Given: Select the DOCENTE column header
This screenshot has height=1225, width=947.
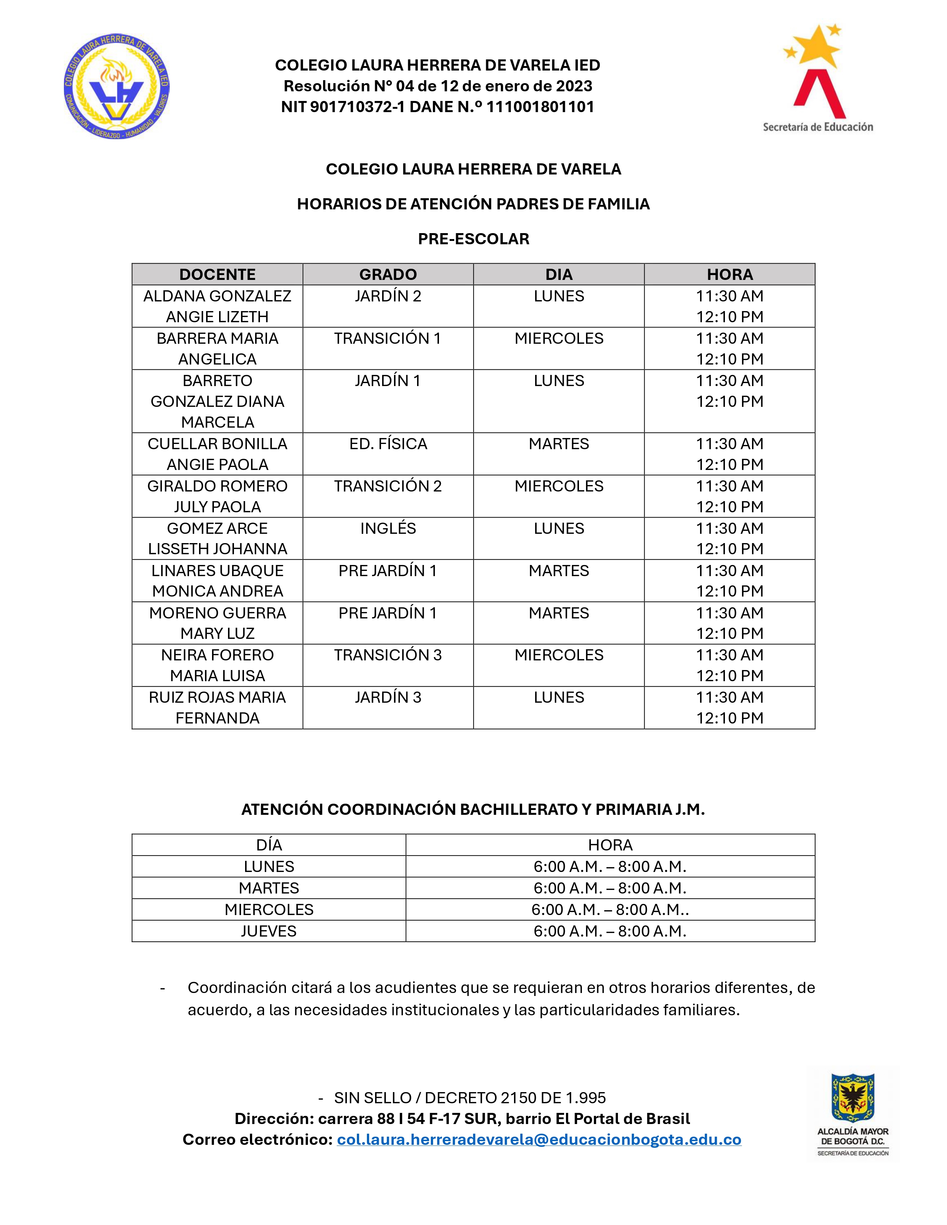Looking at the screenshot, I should pyautogui.click(x=217, y=274).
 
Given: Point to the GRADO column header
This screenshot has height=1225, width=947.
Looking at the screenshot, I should pyautogui.click(x=388, y=274).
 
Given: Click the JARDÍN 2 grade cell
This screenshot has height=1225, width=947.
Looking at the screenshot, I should pyautogui.click(x=388, y=296).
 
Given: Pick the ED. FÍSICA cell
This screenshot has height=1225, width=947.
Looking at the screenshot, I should pyautogui.click(x=388, y=444).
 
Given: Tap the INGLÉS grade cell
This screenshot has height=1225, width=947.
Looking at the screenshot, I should pyautogui.click(x=388, y=528).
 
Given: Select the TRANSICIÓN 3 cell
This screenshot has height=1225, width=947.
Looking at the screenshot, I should pyautogui.click(x=388, y=655).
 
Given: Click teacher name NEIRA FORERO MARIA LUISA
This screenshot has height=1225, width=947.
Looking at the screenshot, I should pyautogui.click(x=217, y=665).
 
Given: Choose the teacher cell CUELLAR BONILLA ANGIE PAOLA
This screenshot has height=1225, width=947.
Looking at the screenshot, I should pyautogui.click(x=217, y=454).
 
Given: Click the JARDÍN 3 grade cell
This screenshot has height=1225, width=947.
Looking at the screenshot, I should pyautogui.click(x=388, y=697).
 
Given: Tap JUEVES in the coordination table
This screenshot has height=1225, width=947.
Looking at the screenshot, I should pyautogui.click(x=269, y=931).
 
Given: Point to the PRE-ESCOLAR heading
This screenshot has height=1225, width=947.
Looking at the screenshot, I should pyautogui.click(x=474, y=239).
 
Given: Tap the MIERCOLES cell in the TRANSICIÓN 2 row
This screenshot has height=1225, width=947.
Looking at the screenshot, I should pyautogui.click(x=559, y=486).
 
